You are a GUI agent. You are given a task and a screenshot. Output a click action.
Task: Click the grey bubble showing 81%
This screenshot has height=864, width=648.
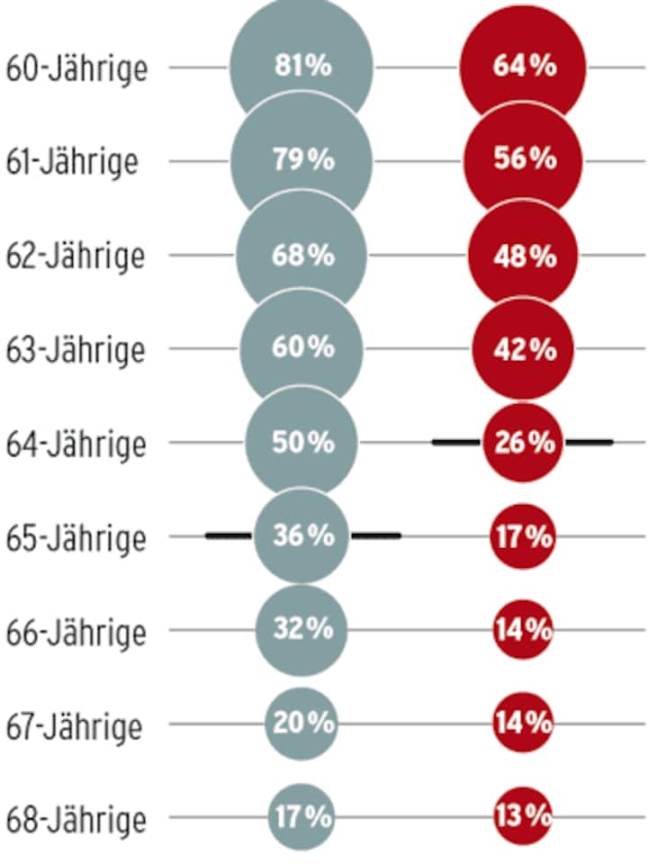click(x=301, y=67)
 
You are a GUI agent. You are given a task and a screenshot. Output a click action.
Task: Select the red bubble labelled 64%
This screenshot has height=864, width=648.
click(x=523, y=67)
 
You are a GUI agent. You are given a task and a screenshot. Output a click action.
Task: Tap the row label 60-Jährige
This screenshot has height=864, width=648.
click(x=76, y=68)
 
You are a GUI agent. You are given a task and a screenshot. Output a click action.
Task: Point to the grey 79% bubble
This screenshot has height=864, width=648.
click(x=301, y=160)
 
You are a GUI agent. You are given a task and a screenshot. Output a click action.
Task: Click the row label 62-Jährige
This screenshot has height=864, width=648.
click(x=76, y=256)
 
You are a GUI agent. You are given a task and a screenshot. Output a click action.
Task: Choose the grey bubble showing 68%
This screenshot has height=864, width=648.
click(x=301, y=255)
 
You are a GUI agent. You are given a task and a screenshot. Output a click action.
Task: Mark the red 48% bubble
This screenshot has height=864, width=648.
click(x=523, y=256)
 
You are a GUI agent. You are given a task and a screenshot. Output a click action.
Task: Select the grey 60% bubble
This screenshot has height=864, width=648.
click(x=301, y=348)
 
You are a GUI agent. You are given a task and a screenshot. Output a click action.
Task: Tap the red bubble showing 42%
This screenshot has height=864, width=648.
click(x=523, y=349)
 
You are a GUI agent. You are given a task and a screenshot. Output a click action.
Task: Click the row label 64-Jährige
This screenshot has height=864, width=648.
click(x=76, y=444)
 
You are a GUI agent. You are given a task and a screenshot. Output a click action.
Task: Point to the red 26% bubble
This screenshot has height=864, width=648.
click(x=523, y=443)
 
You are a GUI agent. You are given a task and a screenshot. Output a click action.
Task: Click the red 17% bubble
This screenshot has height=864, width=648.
click(x=523, y=537)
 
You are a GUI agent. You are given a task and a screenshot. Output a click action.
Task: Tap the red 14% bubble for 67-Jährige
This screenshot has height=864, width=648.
click(x=523, y=723)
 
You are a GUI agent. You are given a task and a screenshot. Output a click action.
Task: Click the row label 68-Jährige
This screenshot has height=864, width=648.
click(x=76, y=820)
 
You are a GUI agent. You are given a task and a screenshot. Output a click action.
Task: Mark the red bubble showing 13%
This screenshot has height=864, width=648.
click(x=523, y=816)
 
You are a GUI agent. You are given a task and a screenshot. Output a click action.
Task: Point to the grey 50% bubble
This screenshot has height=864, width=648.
click(x=301, y=442)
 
